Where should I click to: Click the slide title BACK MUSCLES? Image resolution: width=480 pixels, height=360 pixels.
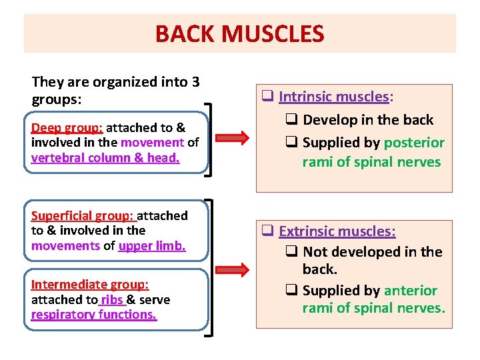coord(239,33)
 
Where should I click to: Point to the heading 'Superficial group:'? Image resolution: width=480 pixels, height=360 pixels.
coord(83,215)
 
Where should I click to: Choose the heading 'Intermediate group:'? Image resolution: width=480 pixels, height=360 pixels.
coord(90,285)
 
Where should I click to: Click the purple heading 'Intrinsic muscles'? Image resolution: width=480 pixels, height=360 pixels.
coord(333,97)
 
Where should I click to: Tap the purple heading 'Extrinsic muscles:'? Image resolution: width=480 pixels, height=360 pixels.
coord(337,231)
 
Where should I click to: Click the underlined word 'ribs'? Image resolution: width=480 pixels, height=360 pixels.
coord(113,299)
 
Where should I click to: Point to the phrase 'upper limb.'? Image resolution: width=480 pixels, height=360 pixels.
coord(152,245)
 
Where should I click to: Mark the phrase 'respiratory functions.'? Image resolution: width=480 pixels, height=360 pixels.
coord(94,314)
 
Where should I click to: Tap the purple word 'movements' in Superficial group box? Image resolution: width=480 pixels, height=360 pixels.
coord(65,245)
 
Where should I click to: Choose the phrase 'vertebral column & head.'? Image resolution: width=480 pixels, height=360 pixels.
coord(105,157)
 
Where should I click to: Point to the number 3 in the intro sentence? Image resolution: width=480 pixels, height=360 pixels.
coord(195,83)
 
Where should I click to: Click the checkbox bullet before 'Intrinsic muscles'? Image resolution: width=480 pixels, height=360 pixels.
coord(268,97)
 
